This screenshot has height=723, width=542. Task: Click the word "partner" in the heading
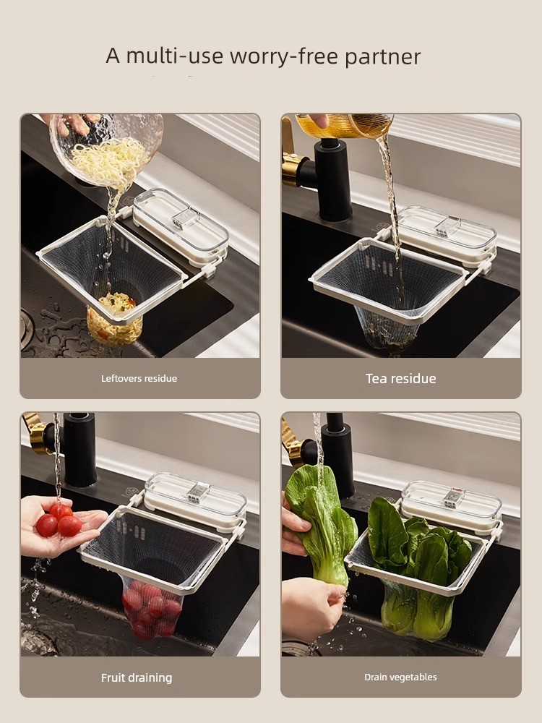point(382,57)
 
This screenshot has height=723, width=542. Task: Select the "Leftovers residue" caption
point(139,379)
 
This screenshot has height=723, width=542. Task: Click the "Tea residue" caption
point(401,379)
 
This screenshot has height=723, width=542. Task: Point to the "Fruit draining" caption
point(137,678)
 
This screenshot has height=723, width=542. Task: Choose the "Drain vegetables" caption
point(400,677)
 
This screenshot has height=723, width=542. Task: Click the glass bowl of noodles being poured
point(108,149)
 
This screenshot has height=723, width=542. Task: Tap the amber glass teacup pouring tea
point(345,125)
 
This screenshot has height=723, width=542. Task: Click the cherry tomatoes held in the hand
point(59,521)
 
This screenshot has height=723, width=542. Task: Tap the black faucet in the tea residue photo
point(332,180)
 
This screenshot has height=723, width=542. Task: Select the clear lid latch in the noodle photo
point(185,218)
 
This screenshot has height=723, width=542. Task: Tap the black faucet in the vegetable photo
point(337,454)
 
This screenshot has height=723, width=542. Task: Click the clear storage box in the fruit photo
point(195,500)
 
